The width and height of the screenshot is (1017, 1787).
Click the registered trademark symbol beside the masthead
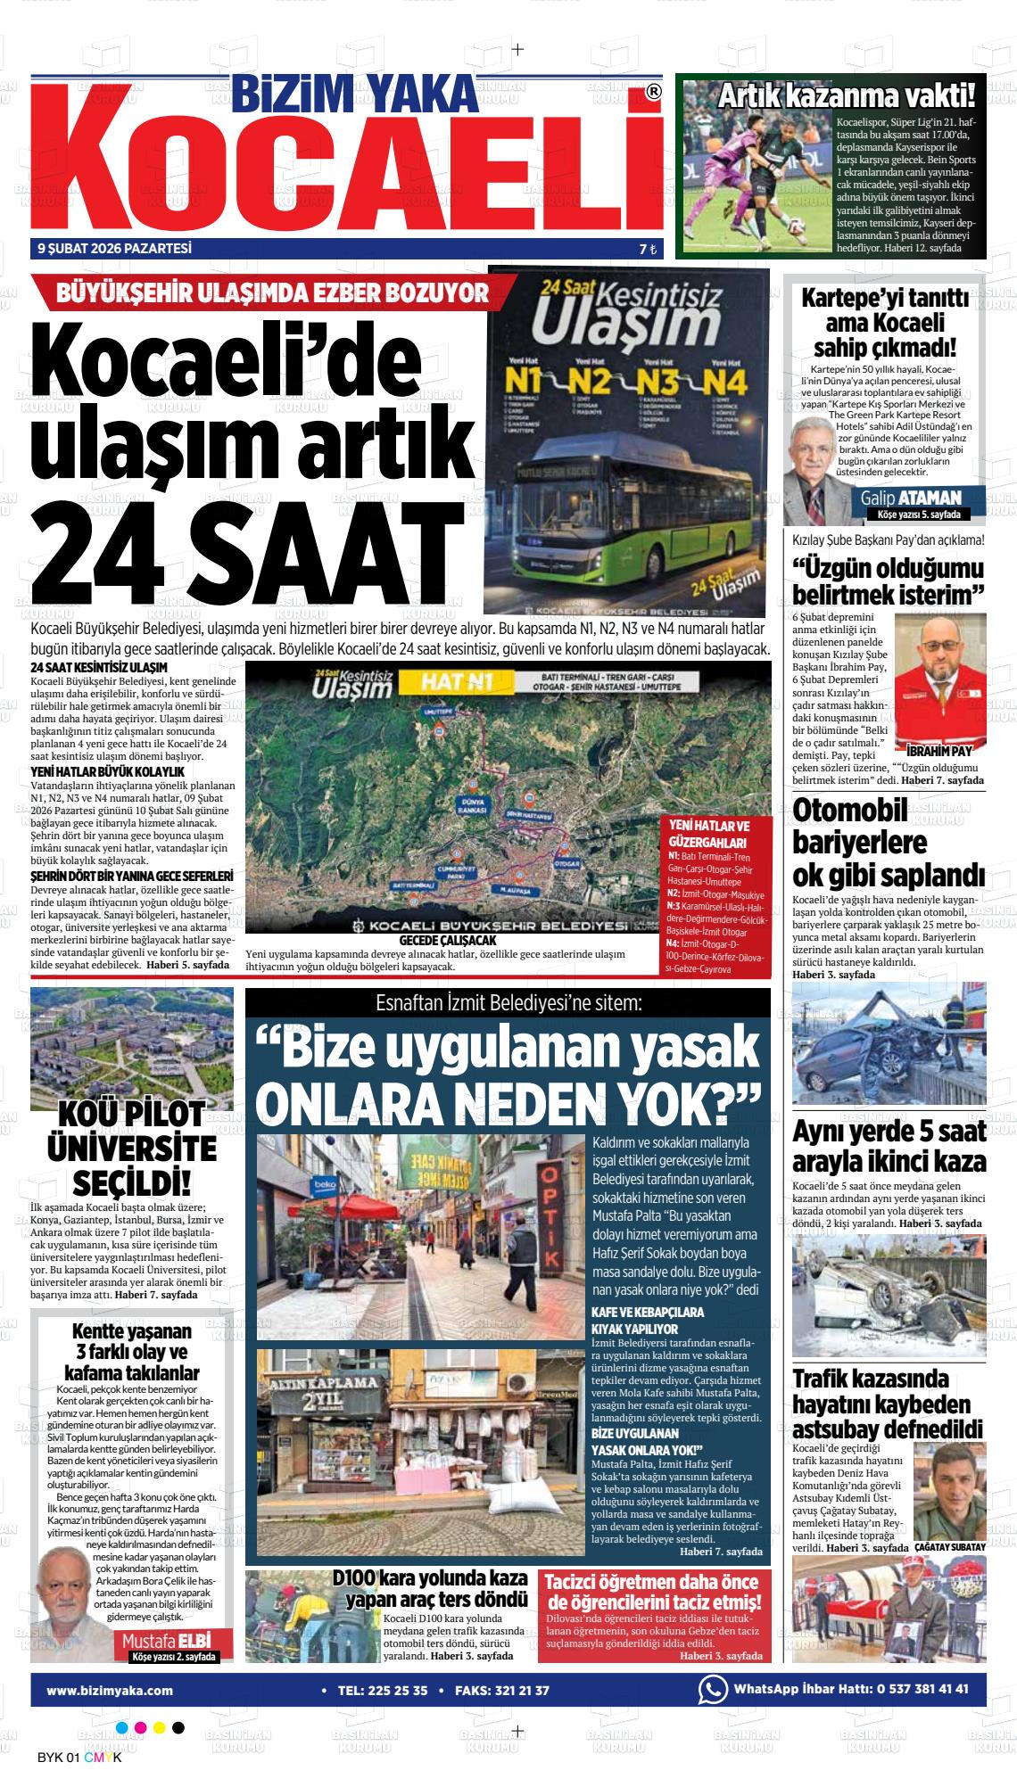point(653,92)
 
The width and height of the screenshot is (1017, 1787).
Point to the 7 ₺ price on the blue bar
point(647,251)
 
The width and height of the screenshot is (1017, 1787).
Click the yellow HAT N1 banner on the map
point(456,684)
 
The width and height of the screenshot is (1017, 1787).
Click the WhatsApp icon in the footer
point(712,1689)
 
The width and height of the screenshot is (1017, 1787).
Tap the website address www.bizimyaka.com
point(110,1690)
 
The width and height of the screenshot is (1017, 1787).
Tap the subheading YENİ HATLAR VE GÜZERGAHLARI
point(709,834)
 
